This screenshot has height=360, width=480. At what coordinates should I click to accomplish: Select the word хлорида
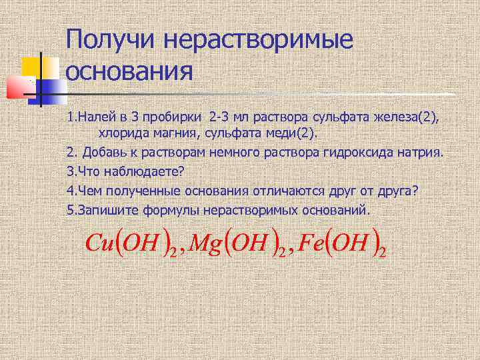click(121, 134)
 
